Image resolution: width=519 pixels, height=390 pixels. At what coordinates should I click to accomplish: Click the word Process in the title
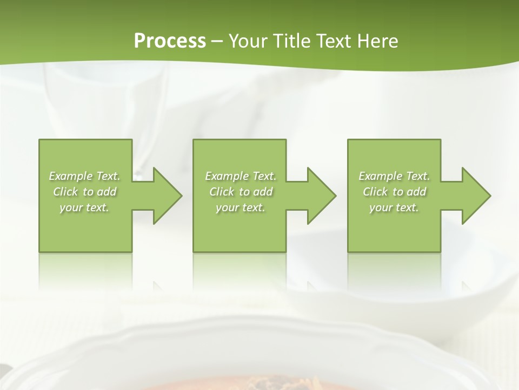click(x=170, y=41)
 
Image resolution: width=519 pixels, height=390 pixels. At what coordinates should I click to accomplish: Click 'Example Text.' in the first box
click(x=85, y=176)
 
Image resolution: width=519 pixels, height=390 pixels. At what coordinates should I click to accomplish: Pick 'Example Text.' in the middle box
click(x=241, y=176)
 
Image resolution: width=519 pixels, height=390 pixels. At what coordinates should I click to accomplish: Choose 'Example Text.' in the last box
click(x=394, y=176)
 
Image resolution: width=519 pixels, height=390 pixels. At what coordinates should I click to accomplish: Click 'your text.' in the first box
click(x=84, y=207)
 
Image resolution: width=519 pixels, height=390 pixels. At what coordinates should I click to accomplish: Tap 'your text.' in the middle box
click(x=240, y=207)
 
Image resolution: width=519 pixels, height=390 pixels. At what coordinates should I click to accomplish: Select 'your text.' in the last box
click(x=394, y=207)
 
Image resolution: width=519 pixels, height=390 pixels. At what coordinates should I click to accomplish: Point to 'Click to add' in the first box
click(x=85, y=192)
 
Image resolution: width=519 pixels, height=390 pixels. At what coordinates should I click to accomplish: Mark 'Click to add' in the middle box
click(x=241, y=192)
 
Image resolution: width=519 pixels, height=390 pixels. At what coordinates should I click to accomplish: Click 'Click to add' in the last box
click(x=395, y=192)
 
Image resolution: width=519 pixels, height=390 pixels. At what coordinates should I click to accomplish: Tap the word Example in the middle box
click(x=227, y=176)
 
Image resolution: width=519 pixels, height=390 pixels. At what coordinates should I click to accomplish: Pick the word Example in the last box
click(x=381, y=176)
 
